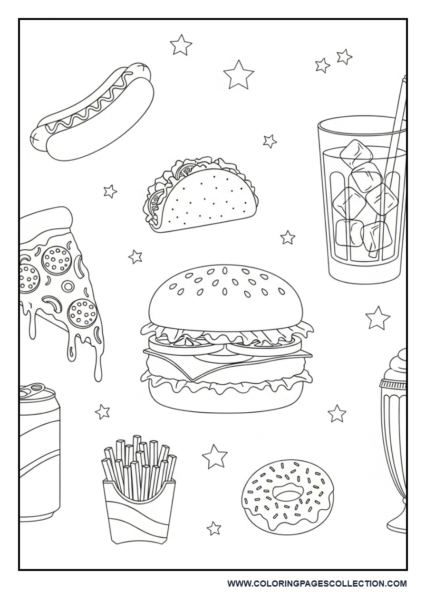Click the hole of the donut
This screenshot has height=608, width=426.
287,494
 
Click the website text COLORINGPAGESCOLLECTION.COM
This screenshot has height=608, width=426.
317,583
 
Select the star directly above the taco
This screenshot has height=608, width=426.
270,141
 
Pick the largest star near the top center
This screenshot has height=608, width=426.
238,75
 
